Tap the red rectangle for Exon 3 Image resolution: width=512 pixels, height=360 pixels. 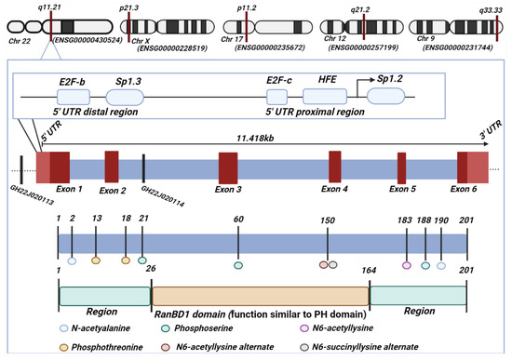[228, 168]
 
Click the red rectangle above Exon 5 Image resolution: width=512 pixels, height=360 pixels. [401, 168]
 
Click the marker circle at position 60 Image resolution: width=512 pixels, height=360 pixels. [238, 266]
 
